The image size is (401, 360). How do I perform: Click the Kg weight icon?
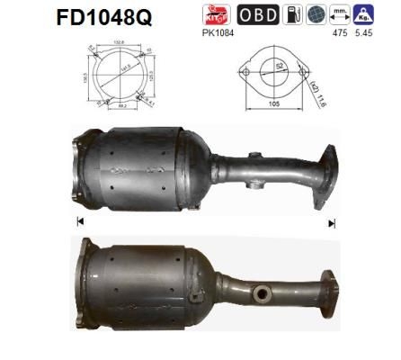(x=365, y=14)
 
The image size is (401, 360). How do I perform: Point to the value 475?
(x=338, y=34)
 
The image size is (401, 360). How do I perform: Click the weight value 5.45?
(x=364, y=34)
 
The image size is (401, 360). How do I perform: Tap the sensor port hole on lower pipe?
(x=263, y=294)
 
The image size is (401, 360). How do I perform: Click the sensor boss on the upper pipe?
(x=254, y=160)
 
